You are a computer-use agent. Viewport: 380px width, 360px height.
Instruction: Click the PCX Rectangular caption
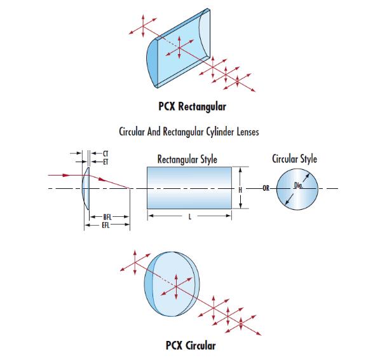pyautogui.click(x=192, y=107)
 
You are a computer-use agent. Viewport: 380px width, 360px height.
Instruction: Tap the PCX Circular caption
pyautogui.click(x=191, y=345)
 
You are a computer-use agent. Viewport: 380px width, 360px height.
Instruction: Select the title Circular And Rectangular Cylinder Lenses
pyautogui.click(x=189, y=132)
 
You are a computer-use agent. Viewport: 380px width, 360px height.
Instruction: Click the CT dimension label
pyautogui.click(x=105, y=153)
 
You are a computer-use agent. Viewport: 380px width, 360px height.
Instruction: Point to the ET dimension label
pyautogui.click(x=105, y=162)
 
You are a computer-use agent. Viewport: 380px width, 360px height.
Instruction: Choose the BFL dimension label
pyautogui.click(x=107, y=217)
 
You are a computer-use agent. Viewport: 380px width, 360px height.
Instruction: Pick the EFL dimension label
pyautogui.click(x=105, y=225)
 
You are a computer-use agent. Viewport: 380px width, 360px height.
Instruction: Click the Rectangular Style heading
pyautogui.click(x=187, y=160)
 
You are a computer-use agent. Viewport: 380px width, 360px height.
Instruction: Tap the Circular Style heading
pyautogui.click(x=294, y=159)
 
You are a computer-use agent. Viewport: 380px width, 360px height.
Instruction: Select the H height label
pyautogui.click(x=240, y=190)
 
